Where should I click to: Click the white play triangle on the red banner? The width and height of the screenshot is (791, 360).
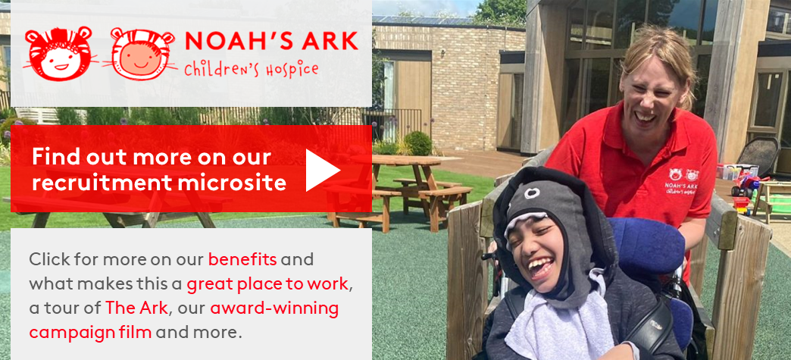point(320,171)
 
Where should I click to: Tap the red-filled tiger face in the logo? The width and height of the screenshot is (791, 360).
point(60,53)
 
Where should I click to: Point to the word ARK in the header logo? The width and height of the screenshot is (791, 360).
point(328,42)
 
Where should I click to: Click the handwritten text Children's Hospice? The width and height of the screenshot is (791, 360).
point(252,69)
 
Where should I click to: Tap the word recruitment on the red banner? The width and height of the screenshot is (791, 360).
point(102,183)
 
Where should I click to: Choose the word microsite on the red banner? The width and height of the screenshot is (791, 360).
point(232,183)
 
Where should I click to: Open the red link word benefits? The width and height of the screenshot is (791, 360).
point(242,259)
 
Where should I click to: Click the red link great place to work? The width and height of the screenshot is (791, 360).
point(267,284)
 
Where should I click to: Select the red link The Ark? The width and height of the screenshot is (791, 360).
point(136,308)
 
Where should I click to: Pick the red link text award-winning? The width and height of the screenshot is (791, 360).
point(274,308)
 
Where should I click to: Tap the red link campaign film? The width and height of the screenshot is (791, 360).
point(90,333)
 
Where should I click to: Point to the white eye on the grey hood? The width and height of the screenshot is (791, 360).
point(531,193)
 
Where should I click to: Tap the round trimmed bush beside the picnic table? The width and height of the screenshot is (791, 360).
point(417,143)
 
